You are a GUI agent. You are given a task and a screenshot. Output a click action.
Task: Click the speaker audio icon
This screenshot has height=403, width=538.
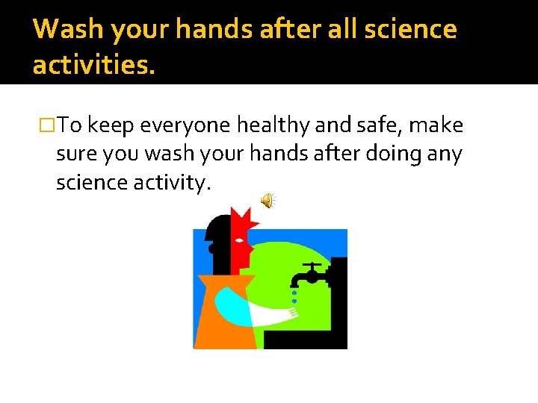268,200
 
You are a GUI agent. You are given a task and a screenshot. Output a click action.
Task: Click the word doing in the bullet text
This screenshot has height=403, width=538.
396,154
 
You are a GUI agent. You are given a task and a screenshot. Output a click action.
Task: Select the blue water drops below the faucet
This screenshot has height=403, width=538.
294,298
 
